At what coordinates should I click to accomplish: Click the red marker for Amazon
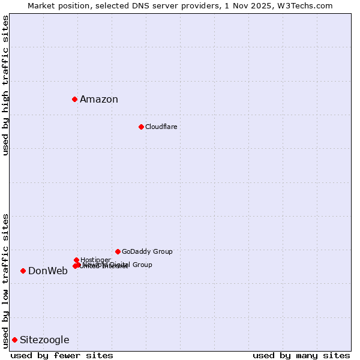[74, 99]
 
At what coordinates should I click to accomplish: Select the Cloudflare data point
[141, 127]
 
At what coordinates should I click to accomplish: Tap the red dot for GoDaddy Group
[118, 251]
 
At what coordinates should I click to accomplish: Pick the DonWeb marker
[23, 271]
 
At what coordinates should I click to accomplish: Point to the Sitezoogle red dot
[14, 340]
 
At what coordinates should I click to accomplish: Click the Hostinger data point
[76, 260]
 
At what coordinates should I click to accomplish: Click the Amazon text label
[99, 100]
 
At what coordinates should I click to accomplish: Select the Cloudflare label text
[161, 127]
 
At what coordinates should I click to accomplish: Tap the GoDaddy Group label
[147, 251]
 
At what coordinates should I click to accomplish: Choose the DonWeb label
[48, 271]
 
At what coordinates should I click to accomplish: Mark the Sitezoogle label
[44, 340]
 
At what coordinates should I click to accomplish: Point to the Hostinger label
[95, 260]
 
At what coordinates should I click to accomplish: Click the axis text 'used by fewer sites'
[62, 356]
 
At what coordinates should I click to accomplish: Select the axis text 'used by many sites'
[301, 356]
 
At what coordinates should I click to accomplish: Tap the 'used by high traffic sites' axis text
[6, 85]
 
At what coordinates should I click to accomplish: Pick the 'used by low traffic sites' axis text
[6, 280]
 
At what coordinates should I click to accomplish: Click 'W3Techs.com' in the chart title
[308, 5]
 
